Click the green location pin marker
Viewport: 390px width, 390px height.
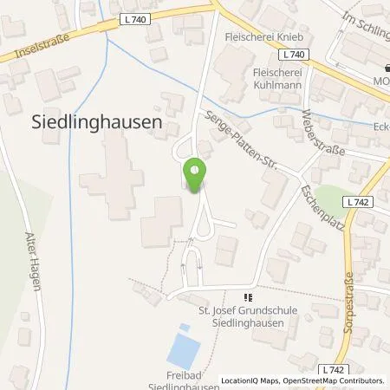click(195, 176)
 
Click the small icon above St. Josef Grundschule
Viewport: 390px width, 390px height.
click(252, 296)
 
